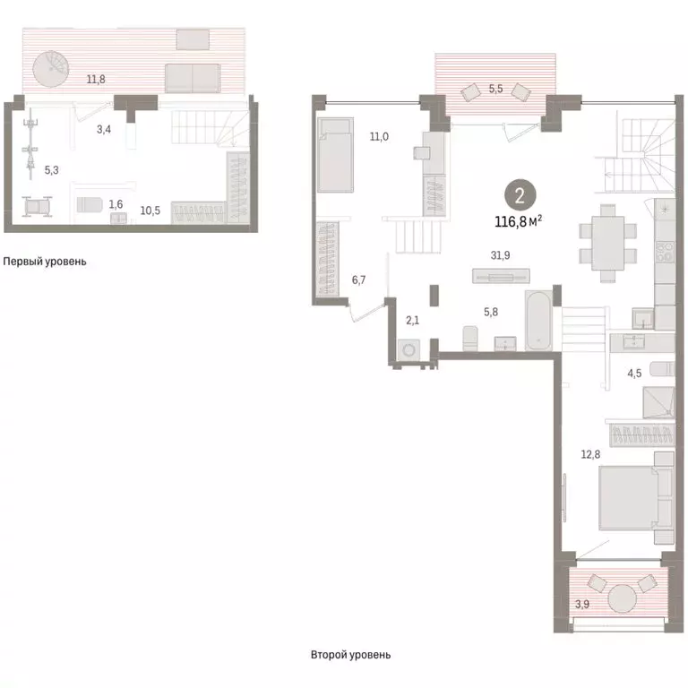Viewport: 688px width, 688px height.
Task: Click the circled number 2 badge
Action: tap(520, 195)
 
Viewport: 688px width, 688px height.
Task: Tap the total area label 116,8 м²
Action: tap(518, 221)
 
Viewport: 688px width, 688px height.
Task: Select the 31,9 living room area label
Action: tap(500, 255)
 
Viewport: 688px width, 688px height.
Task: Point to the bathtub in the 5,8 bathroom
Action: tap(538, 321)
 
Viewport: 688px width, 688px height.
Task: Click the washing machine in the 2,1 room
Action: tap(408, 350)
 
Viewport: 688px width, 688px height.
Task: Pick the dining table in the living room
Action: tap(607, 244)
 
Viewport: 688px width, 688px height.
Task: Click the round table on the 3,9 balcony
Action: tap(622, 598)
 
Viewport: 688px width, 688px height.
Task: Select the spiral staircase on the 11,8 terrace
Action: tap(51, 69)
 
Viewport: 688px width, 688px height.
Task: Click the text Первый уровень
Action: tap(45, 262)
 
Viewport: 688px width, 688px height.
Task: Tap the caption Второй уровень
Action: tap(350, 655)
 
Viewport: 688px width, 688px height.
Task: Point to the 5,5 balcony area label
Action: tap(495, 89)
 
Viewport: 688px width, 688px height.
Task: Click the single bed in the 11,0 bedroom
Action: tap(335, 154)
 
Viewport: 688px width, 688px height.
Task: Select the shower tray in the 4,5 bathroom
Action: tap(658, 402)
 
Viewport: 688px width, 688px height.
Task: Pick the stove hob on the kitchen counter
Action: tap(665, 252)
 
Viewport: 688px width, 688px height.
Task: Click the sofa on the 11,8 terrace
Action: tap(193, 78)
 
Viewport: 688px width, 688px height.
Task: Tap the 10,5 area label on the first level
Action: tap(150, 211)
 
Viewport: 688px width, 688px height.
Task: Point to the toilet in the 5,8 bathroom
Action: tap(470, 339)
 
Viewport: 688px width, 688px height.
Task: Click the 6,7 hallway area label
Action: tap(358, 279)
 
